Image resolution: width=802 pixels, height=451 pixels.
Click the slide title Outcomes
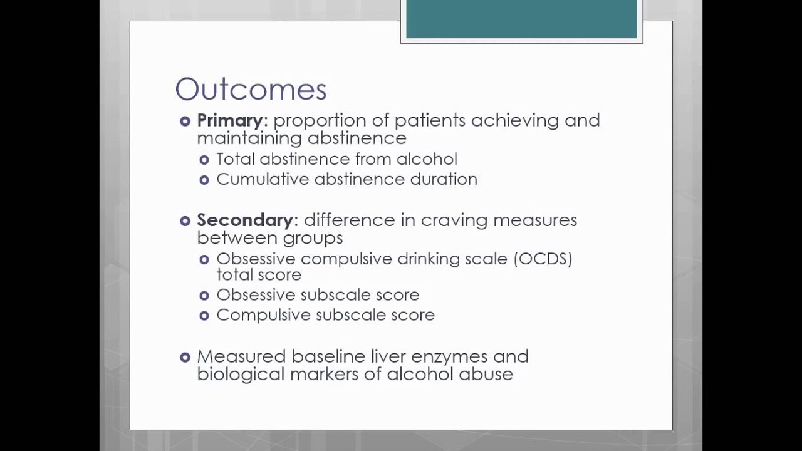(x=251, y=90)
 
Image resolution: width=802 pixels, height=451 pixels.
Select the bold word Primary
(x=230, y=120)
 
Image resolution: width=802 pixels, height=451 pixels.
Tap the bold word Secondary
(x=245, y=220)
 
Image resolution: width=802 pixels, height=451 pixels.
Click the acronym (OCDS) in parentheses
(x=543, y=259)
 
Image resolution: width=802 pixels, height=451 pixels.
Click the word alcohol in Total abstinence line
(x=427, y=159)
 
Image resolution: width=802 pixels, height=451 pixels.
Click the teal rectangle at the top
(x=521, y=19)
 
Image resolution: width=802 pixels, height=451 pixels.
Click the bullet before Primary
(x=185, y=121)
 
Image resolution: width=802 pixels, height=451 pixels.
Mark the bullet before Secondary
(x=185, y=220)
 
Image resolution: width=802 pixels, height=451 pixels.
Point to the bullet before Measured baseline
(x=185, y=357)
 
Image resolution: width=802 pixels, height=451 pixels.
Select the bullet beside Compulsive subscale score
(x=204, y=316)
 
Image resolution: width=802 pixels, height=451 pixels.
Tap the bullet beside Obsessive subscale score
(x=204, y=296)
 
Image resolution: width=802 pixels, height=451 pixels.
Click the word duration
(x=444, y=179)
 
